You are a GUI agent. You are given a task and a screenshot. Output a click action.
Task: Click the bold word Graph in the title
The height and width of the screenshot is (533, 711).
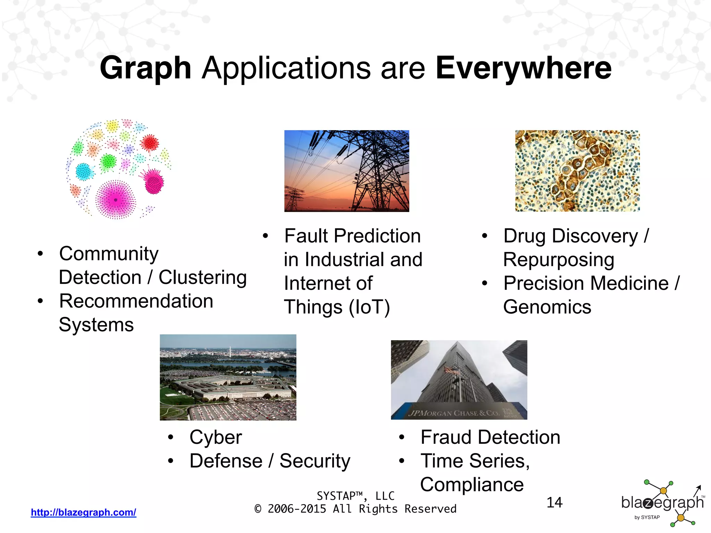coord(145,68)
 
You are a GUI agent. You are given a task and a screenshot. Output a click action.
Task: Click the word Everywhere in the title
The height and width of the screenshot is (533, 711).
coord(523,68)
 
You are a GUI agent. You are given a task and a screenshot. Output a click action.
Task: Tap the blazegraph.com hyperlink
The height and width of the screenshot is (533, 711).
coord(83,512)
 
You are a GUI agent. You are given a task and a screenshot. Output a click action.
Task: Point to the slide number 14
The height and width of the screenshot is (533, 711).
coord(554,502)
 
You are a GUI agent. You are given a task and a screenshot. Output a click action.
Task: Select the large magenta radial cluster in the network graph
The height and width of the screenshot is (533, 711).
coord(116,200)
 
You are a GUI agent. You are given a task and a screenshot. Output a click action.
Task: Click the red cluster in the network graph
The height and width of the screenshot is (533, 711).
coord(150,143)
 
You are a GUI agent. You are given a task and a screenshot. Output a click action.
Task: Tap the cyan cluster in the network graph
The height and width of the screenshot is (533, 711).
coord(83,171)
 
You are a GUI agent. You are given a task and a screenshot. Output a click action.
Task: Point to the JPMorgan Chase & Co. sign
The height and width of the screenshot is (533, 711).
coord(455,413)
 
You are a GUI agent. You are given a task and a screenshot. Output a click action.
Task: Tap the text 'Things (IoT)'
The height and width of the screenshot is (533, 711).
coord(337,307)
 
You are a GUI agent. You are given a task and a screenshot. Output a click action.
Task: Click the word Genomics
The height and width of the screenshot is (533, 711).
coord(547,307)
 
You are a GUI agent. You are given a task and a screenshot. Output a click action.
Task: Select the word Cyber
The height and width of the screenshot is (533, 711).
coord(216,437)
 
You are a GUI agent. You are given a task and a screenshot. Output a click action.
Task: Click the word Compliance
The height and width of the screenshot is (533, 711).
coord(472,484)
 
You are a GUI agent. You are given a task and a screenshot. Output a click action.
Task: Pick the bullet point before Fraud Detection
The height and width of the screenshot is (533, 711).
coord(401,437)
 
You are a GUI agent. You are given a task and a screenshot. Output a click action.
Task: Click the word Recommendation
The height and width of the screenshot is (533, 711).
coord(136,301)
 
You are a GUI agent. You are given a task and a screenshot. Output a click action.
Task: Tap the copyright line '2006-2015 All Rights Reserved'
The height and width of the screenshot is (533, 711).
coord(362,509)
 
